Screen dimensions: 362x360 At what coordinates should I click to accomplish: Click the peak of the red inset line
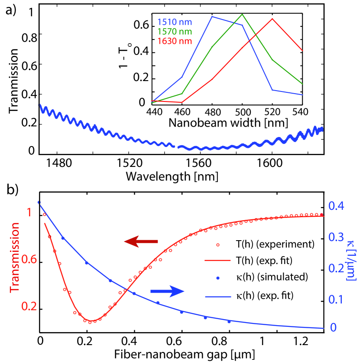point(272,19)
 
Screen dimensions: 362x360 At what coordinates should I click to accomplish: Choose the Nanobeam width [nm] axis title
point(228,123)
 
